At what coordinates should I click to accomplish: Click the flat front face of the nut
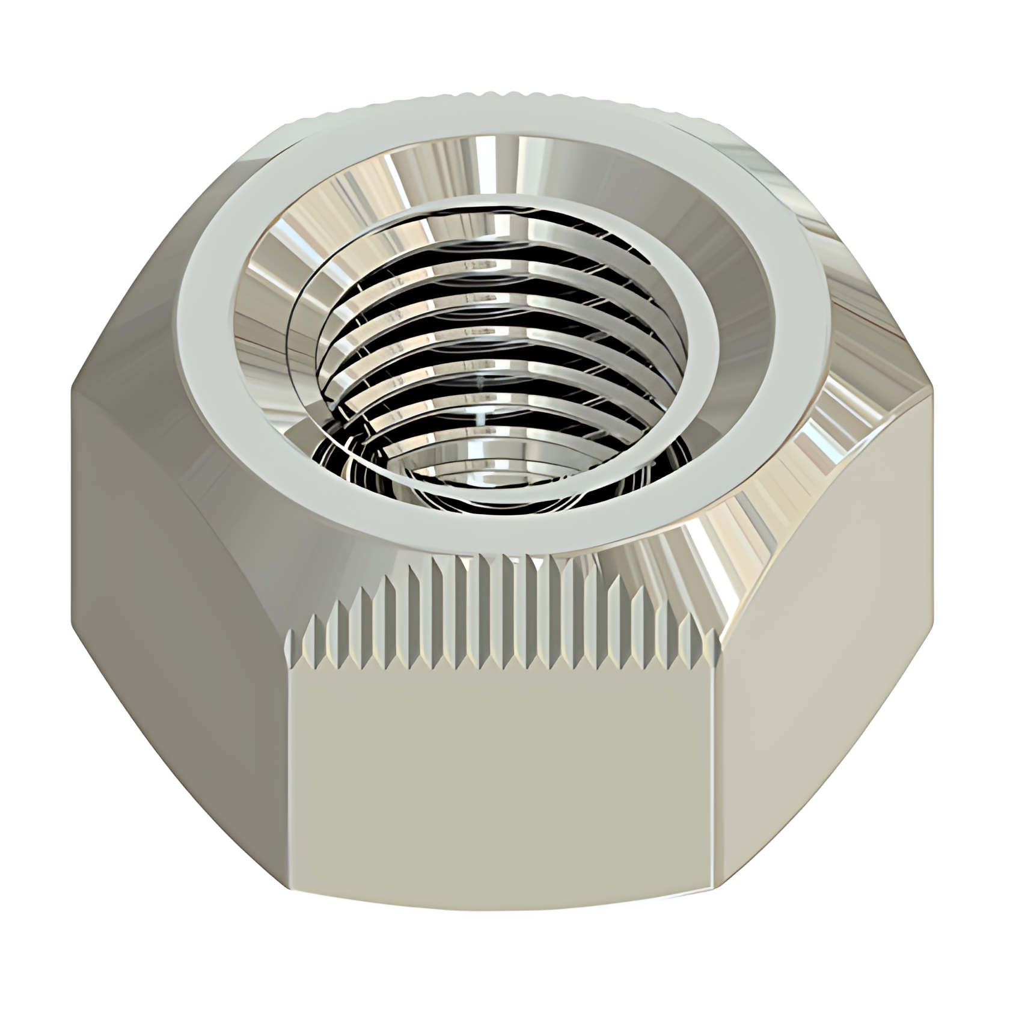pyautogui.click(x=505, y=770)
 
